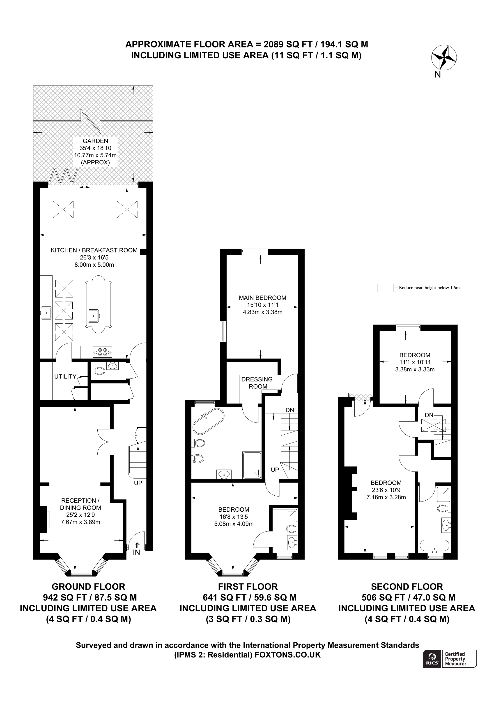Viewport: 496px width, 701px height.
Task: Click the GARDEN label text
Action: pos(95,141)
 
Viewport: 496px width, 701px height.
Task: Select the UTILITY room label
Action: pos(65,377)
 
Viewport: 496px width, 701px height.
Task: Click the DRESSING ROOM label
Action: pos(257,383)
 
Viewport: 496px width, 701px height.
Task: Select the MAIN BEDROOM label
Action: pos(262,298)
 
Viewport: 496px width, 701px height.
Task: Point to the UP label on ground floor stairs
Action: pos(138,483)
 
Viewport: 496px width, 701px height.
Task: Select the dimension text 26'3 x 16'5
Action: pos(94,257)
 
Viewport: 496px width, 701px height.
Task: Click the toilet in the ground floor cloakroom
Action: pos(99,371)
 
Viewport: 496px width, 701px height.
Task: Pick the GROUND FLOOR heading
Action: pos(88,587)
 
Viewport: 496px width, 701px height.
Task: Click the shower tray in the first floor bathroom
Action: pos(252,465)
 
